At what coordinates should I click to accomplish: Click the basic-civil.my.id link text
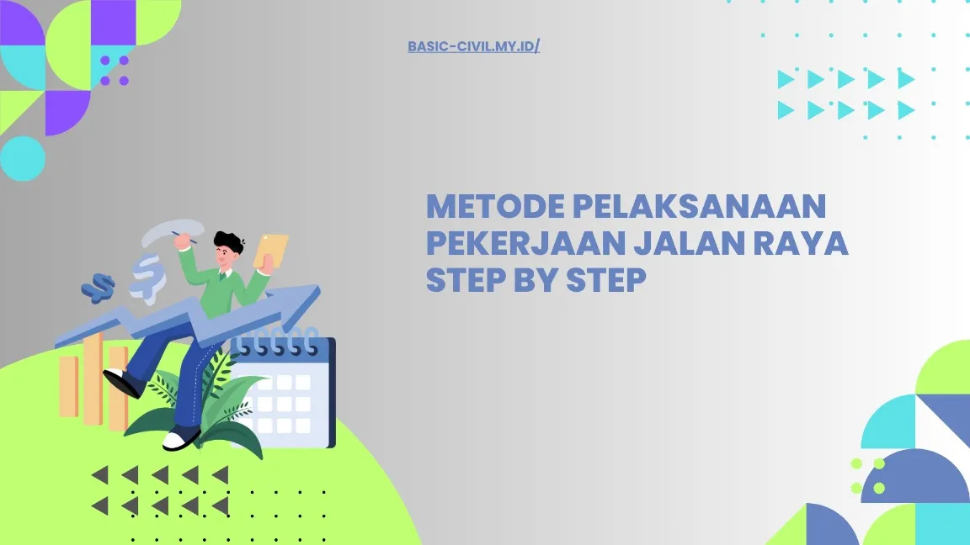point(473,46)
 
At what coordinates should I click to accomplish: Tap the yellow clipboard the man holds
point(271,250)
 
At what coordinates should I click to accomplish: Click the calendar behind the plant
point(290,395)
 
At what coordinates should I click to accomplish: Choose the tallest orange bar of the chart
point(92,378)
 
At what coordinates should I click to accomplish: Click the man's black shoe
point(123,383)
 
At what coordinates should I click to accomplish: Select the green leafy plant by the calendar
point(221,404)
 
